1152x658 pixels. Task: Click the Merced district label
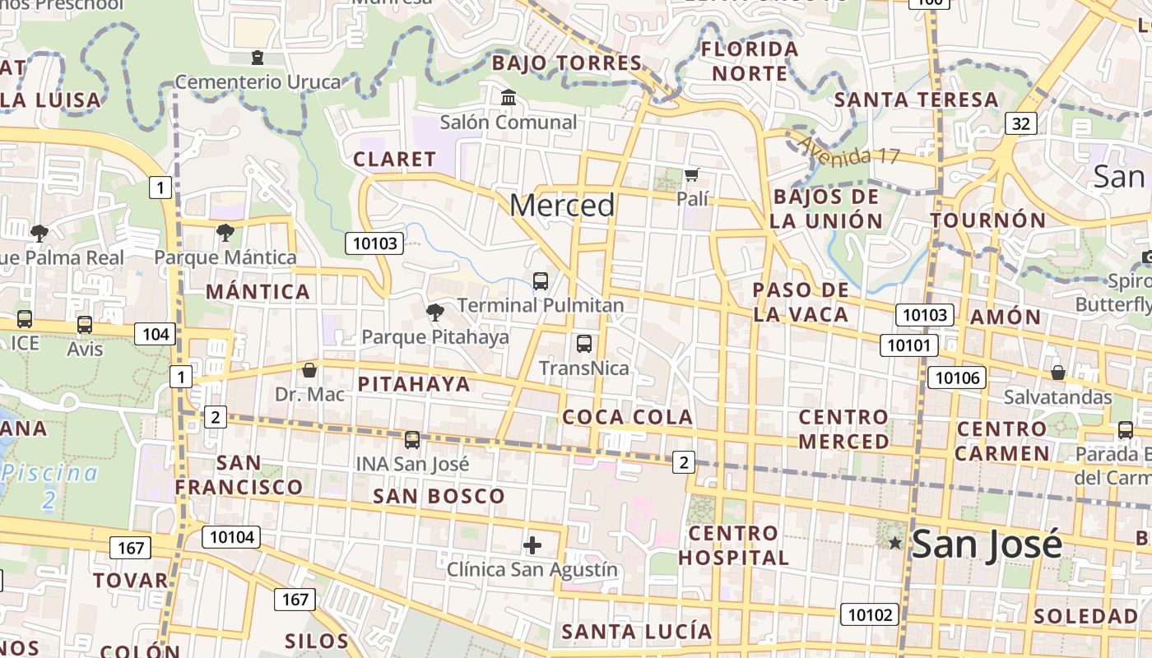click(562, 205)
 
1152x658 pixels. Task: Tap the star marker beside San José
click(895, 543)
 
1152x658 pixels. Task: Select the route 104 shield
click(156, 333)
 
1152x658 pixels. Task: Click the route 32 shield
click(1020, 123)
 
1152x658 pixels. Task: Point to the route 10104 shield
click(231, 538)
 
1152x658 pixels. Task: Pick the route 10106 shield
click(957, 378)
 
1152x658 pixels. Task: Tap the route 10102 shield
click(869, 614)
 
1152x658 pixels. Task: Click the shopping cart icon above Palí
click(692, 174)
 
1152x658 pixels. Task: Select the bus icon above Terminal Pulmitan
click(541, 280)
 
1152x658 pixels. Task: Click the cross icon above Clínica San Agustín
click(532, 544)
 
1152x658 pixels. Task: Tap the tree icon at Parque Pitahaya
click(434, 312)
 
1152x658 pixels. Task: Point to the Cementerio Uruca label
click(258, 81)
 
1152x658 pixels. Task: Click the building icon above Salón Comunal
click(509, 98)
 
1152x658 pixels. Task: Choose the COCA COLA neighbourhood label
click(627, 417)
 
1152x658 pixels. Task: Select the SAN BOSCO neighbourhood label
click(439, 496)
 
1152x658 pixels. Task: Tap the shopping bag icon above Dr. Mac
click(309, 370)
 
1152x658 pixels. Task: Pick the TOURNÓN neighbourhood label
click(987, 220)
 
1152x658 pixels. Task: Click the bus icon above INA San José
click(412, 440)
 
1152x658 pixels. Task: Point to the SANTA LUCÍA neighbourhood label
click(636, 632)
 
